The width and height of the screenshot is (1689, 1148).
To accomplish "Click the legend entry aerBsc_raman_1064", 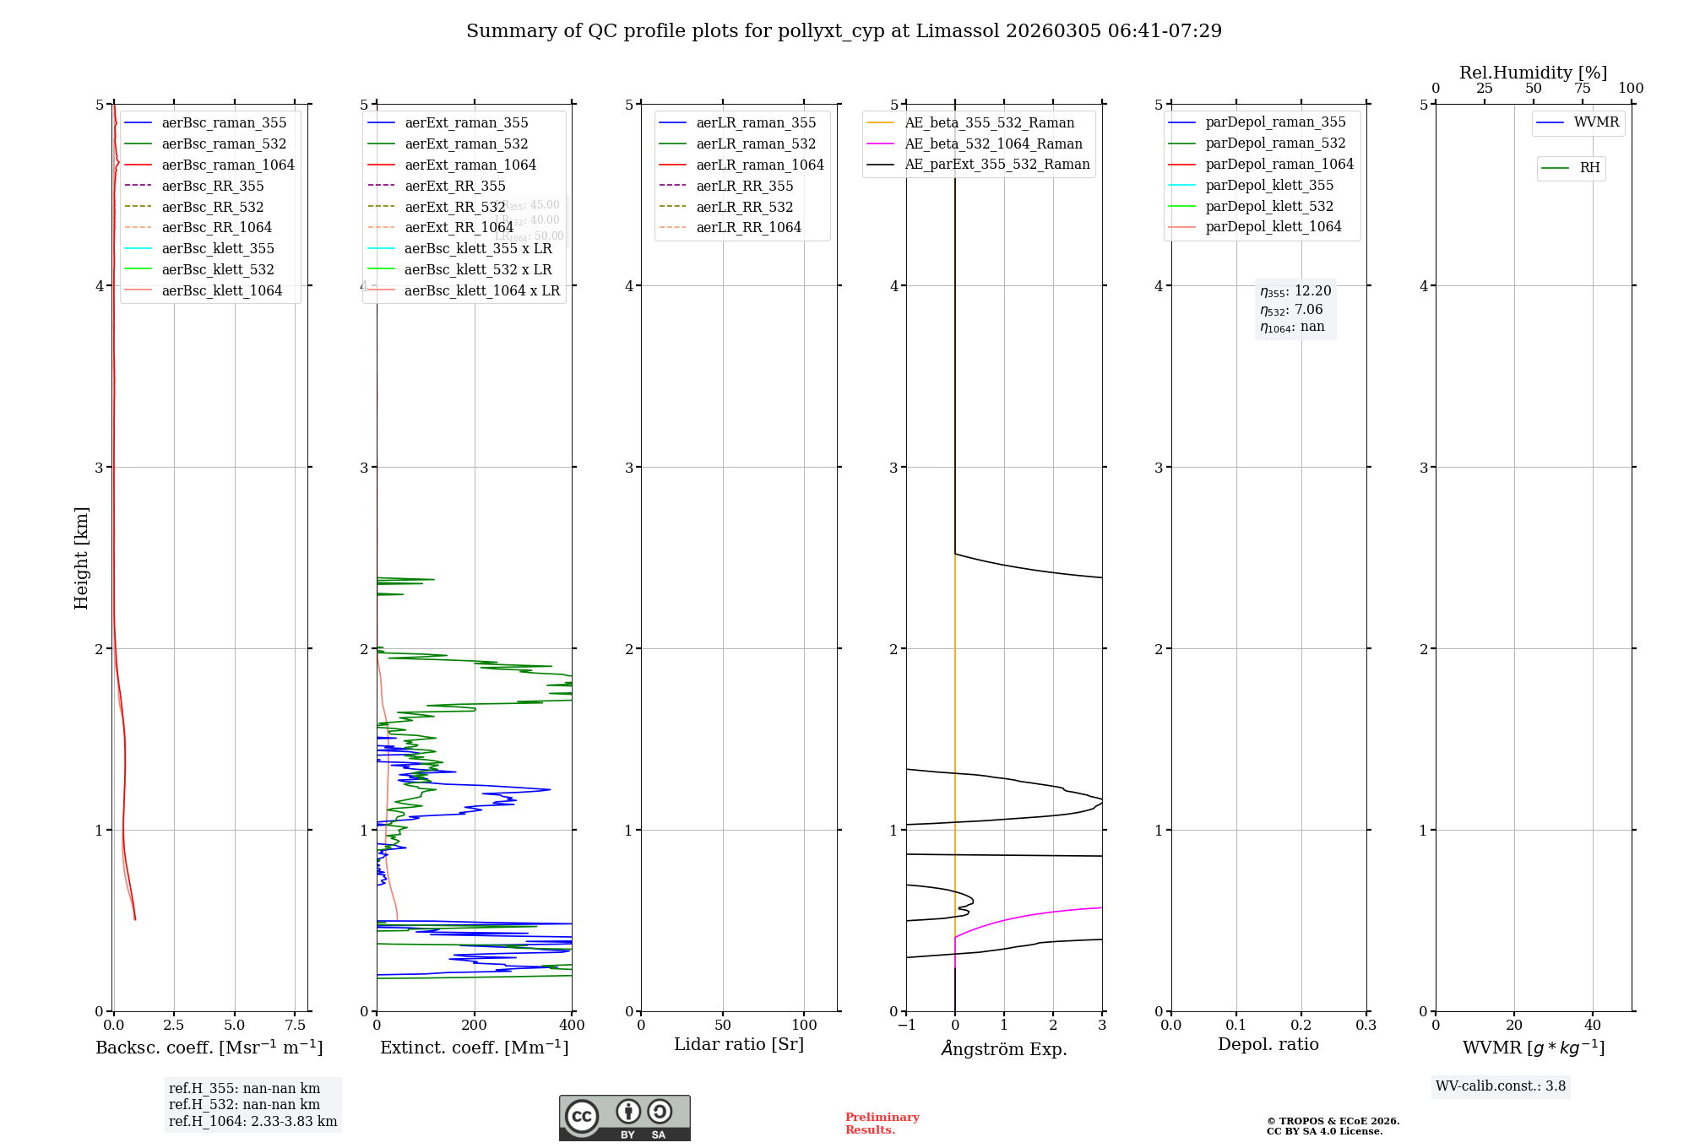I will tap(228, 165).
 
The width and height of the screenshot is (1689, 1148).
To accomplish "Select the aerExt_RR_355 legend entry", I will tap(455, 186).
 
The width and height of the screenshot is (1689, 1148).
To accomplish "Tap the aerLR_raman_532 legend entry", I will tap(756, 143).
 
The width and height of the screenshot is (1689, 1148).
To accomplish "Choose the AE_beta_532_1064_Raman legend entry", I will tap(993, 143).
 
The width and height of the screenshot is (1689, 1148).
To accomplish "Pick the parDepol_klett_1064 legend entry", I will tap(1274, 226).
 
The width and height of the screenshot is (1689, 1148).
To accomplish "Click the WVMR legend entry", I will tap(1596, 122).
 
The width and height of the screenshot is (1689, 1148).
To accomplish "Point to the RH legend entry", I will tap(1589, 168).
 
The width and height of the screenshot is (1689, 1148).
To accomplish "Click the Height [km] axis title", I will tap(81, 558).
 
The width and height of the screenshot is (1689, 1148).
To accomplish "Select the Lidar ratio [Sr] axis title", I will tap(739, 1044).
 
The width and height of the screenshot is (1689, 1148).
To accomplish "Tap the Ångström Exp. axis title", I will tap(1004, 1048).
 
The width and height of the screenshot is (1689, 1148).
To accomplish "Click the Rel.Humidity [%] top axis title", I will tap(1533, 73).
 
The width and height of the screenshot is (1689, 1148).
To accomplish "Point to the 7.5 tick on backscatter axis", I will tap(295, 1025).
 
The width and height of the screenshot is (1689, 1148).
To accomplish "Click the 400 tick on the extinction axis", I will tap(573, 1025).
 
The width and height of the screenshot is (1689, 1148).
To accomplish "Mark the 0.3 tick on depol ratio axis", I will tap(1366, 1025).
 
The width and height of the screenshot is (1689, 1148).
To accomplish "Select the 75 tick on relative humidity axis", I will tap(1583, 89).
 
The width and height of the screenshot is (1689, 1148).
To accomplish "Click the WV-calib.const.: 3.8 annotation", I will tap(1501, 1086).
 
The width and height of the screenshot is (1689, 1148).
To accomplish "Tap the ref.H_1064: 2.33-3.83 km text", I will tap(253, 1121).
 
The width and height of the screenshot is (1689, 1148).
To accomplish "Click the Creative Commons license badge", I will tap(624, 1118).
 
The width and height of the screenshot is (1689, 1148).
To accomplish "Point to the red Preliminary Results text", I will tap(882, 1123).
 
